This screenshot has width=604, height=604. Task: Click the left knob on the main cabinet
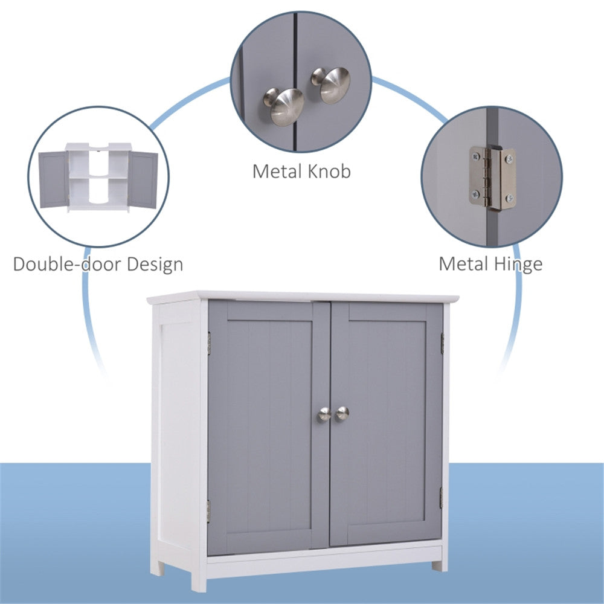click(324, 414)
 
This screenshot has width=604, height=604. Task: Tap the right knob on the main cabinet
click(342, 413)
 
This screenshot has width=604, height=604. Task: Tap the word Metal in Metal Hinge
click(463, 264)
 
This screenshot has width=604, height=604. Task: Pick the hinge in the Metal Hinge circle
click(493, 178)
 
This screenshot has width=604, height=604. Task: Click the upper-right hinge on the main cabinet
click(442, 343)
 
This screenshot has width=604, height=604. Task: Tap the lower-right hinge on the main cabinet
click(442, 496)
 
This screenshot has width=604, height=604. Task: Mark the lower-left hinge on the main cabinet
click(208, 510)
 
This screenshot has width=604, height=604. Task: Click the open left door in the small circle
click(54, 179)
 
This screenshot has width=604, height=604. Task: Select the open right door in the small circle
click(143, 179)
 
